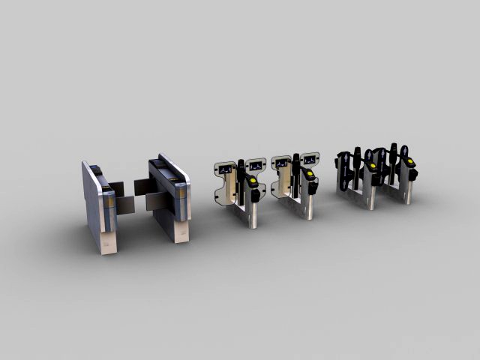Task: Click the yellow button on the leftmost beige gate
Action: coord(253,181)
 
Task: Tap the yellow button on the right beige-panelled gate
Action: coord(310,175)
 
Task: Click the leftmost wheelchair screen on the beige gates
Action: coord(225,167)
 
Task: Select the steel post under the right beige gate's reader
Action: coord(309,206)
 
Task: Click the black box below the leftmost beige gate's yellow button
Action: coord(256,194)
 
